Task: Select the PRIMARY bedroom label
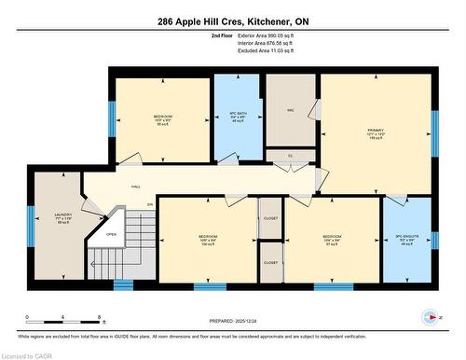click(x=376, y=130)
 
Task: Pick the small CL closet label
click(x=290, y=156)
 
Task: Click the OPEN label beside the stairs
click(x=110, y=234)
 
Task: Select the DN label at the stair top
click(x=150, y=205)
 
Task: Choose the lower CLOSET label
click(x=270, y=263)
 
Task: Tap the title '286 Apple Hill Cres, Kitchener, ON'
click(x=233, y=21)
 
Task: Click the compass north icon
click(x=430, y=314)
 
